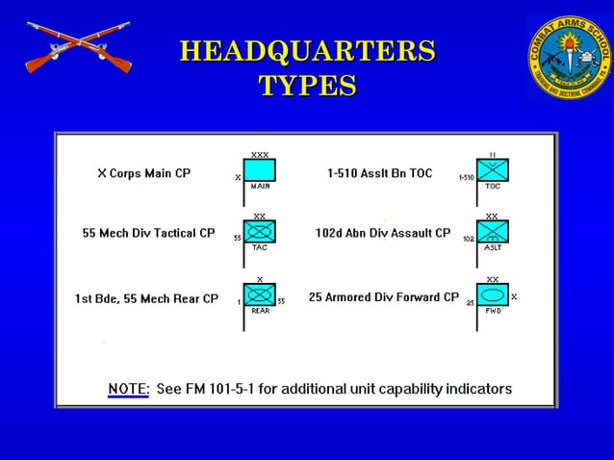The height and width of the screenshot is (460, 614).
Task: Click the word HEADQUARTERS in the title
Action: (307, 50)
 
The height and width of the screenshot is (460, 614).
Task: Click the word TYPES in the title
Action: (307, 85)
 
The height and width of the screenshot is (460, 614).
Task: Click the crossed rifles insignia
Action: (78, 49)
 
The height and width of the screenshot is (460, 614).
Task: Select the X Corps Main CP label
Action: (144, 174)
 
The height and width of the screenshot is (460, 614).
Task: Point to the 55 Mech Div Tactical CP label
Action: (148, 233)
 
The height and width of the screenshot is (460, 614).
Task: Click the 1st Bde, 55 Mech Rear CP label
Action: (146, 298)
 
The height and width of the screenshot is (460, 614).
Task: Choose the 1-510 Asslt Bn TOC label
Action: (380, 174)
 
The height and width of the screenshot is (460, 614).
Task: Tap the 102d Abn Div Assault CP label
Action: (383, 233)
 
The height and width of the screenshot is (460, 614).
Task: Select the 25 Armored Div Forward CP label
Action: (383, 297)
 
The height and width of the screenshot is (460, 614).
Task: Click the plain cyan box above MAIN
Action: (260, 170)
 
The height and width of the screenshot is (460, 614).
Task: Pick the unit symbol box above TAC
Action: (260, 232)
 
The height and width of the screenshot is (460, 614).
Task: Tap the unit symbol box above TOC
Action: (493, 170)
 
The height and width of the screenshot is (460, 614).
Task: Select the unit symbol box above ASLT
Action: (493, 232)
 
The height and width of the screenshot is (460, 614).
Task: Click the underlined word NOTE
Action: (128, 389)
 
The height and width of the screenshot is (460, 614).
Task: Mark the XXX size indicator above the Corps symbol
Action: (260, 154)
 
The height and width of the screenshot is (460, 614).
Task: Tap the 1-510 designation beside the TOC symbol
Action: (466, 178)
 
